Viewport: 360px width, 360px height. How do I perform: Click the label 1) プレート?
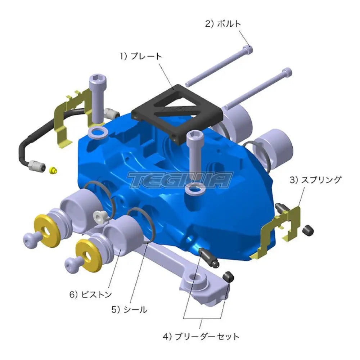[141, 56]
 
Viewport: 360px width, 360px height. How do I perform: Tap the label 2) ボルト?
[223, 24]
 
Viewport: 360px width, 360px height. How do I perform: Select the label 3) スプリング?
[315, 180]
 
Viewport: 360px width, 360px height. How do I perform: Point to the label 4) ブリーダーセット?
[201, 337]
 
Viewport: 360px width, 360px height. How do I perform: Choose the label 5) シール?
[129, 310]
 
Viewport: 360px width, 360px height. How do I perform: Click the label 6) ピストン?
[90, 294]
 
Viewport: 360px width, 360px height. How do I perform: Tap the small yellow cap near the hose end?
[53, 171]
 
